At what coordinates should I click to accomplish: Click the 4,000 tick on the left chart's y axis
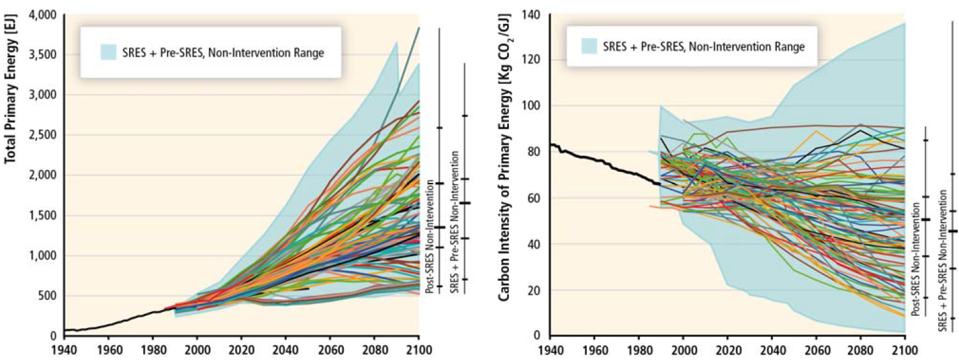[x=42, y=15]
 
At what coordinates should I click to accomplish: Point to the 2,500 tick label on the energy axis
[x=42, y=135]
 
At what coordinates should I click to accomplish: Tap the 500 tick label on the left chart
[x=47, y=295]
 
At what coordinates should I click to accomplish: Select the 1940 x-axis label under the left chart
[x=64, y=350]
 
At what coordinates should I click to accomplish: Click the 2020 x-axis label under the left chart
[x=241, y=350]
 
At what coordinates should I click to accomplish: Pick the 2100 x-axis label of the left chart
[x=418, y=350]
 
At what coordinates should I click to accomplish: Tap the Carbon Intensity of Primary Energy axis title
[x=504, y=158]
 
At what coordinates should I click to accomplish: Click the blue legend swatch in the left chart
[x=108, y=53]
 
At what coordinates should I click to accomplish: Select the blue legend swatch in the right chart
[x=589, y=46]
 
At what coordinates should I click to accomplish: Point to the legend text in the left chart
[x=223, y=53]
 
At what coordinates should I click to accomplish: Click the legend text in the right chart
[x=704, y=47]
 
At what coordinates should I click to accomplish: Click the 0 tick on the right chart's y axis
[x=537, y=335]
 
